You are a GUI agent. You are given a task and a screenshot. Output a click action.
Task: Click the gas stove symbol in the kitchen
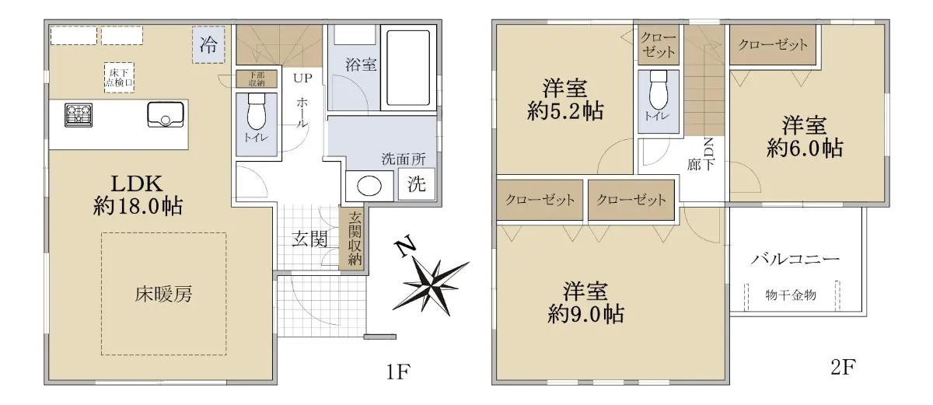(x=79, y=115)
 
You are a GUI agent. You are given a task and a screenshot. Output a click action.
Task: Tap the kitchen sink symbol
(x=166, y=114)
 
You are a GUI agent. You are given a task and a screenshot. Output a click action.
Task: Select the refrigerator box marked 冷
(x=208, y=44)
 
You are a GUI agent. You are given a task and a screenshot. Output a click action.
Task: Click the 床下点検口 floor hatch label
(x=119, y=78)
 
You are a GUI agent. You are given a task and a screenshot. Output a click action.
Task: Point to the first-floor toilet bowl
(x=256, y=111)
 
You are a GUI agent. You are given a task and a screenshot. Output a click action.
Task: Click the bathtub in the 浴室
(x=408, y=68)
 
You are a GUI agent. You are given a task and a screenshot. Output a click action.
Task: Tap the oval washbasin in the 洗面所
(x=369, y=186)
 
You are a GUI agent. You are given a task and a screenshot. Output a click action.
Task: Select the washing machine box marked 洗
(x=417, y=184)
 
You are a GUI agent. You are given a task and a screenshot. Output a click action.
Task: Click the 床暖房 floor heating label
(x=163, y=295)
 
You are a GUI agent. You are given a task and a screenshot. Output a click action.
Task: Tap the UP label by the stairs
(x=302, y=78)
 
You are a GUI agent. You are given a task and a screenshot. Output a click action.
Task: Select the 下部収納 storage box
(x=257, y=79)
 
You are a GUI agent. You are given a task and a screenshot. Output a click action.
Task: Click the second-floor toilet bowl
(x=659, y=90)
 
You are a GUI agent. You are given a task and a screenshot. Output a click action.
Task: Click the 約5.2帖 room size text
(x=565, y=112)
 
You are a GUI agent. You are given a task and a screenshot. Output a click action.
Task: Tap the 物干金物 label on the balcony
(x=791, y=295)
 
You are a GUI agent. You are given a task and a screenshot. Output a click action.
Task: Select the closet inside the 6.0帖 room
(x=773, y=44)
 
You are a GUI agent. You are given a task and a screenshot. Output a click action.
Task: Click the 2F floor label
(x=843, y=367)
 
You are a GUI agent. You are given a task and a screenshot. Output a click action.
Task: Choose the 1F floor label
(x=399, y=372)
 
